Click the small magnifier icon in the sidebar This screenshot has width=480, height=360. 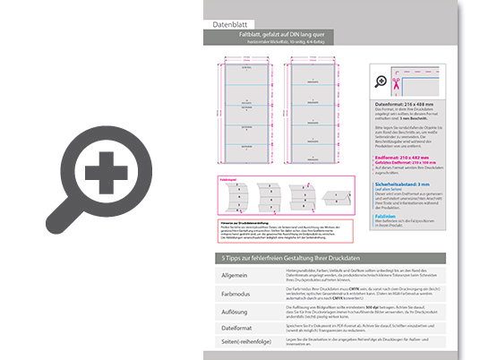pyautogui.click(x=381, y=81)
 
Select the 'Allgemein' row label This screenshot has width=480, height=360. pyautogui.click(x=228, y=276)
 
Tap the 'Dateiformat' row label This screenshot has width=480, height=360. pyautogui.click(x=230, y=328)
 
